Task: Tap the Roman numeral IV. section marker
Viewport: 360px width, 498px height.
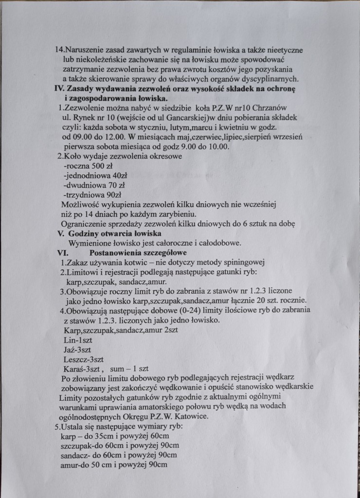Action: [x=59, y=89]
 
